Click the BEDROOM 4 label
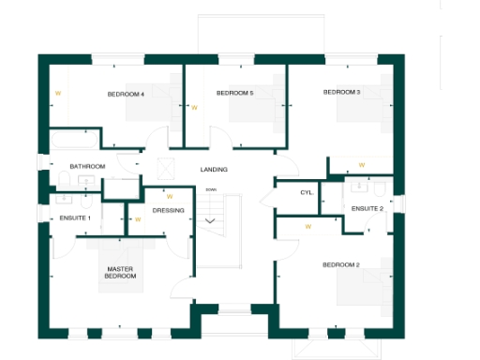pyautogui.click(x=125, y=94)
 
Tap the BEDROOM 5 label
pyautogui.click(x=234, y=93)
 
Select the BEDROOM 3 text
pyautogui.click(x=341, y=92)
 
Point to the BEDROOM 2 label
pyautogui.click(x=341, y=265)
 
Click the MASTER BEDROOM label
pyautogui.click(x=120, y=273)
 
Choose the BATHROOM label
pyautogui.click(x=87, y=166)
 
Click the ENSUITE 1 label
pyautogui.click(x=74, y=217)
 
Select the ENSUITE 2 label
pyautogui.click(x=367, y=208)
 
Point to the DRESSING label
pyautogui.click(x=168, y=210)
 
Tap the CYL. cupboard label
pyautogui.click(x=307, y=192)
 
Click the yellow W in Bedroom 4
pyautogui.click(x=57, y=93)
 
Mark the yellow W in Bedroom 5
pyautogui.click(x=194, y=108)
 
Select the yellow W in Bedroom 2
pyautogui.click(x=307, y=226)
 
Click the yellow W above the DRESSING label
pyautogui.click(x=169, y=197)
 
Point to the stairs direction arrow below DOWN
pyautogui.click(x=211, y=221)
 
